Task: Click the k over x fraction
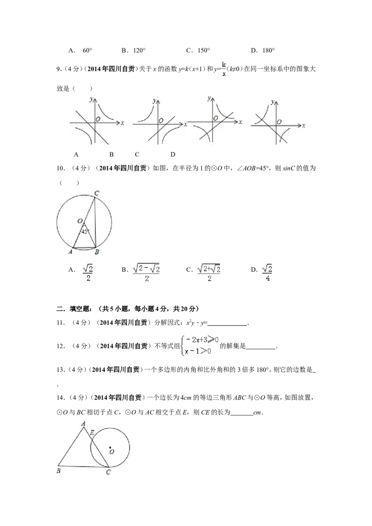click(x=224, y=69)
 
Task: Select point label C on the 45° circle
click(x=96, y=193)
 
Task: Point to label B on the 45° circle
click(x=96, y=252)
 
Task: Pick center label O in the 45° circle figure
click(x=80, y=221)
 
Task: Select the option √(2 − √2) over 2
click(x=146, y=273)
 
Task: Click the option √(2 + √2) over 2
click(x=210, y=273)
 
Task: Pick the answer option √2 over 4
click(x=267, y=272)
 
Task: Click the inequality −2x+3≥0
click(x=201, y=340)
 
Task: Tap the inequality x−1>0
click(x=198, y=351)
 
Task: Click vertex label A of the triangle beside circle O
click(x=83, y=423)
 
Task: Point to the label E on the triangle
click(x=92, y=433)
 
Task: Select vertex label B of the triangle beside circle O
click(x=59, y=471)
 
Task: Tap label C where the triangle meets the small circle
click(x=108, y=472)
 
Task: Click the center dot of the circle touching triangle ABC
click(x=110, y=447)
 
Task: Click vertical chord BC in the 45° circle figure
click(x=94, y=223)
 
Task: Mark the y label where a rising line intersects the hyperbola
click(x=205, y=98)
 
